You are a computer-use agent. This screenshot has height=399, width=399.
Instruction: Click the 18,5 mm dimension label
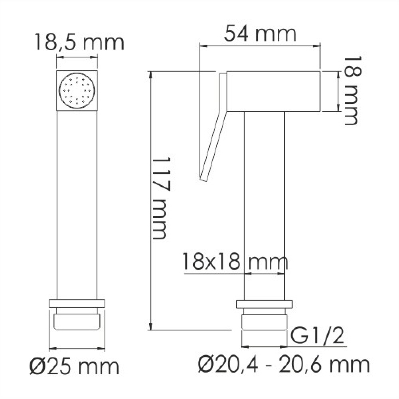click(x=79, y=42)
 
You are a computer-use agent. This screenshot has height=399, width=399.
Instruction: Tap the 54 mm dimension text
click(x=260, y=34)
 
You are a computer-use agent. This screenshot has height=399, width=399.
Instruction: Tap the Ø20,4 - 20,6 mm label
click(x=283, y=364)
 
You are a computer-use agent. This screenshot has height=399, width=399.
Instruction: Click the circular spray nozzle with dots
click(x=77, y=91)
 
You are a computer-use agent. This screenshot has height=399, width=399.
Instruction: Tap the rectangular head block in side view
click(x=274, y=91)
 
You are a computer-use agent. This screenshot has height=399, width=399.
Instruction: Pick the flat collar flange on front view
click(x=77, y=303)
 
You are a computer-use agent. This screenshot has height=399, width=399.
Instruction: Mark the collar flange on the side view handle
click(x=265, y=304)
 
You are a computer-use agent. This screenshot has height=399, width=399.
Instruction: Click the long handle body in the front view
click(x=77, y=203)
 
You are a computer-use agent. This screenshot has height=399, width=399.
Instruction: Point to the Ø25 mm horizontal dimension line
click(x=77, y=347)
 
